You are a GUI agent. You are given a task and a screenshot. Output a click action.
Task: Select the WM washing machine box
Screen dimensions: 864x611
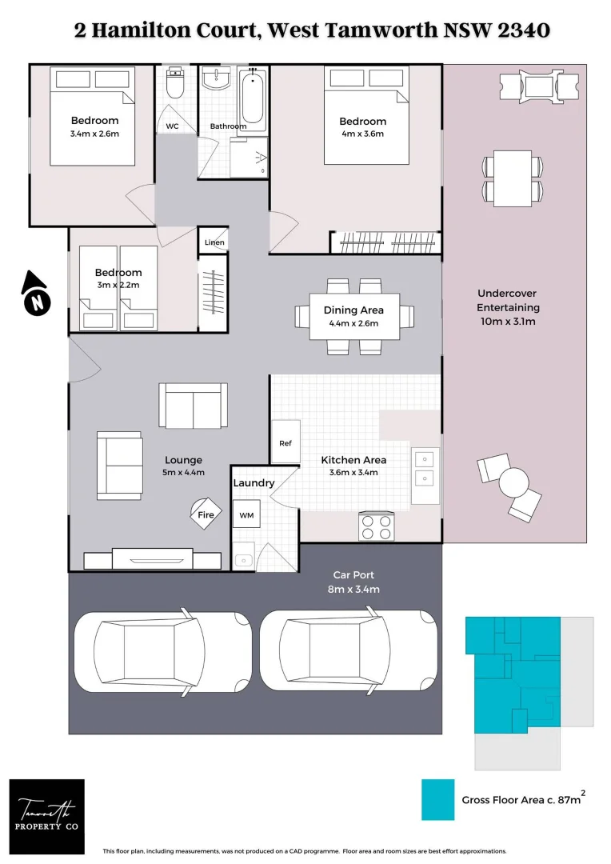(x=246, y=515)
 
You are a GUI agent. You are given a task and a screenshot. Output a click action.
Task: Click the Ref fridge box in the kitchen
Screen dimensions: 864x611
(x=286, y=442)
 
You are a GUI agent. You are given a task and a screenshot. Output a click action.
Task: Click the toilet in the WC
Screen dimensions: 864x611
(x=175, y=82)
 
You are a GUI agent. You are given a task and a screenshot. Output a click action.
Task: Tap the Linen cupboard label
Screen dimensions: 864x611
(x=214, y=242)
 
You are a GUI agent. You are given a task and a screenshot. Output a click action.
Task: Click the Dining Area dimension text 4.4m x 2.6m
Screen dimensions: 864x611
(x=353, y=324)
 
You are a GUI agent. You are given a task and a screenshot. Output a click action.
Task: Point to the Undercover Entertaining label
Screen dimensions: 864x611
(x=508, y=300)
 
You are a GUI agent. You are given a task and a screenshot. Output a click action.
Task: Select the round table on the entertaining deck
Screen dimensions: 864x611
(x=513, y=482)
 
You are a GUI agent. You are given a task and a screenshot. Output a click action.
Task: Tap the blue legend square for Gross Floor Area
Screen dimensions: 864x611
(x=437, y=799)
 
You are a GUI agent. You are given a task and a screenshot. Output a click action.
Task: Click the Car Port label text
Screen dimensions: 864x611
(x=353, y=574)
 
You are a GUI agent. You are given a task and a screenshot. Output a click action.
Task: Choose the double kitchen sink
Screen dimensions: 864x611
(x=425, y=468)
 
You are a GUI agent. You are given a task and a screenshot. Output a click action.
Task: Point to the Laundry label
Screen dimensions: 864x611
(x=254, y=483)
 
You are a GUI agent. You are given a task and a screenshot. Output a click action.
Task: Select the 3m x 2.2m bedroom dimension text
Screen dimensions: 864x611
(x=118, y=285)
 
